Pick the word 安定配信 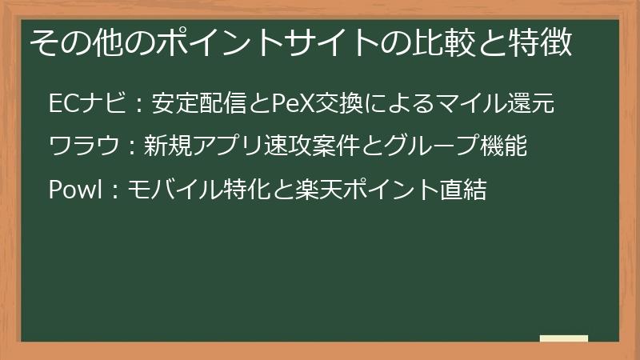click(200, 103)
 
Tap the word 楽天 click(317, 190)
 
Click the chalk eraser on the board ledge click(564, 338)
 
